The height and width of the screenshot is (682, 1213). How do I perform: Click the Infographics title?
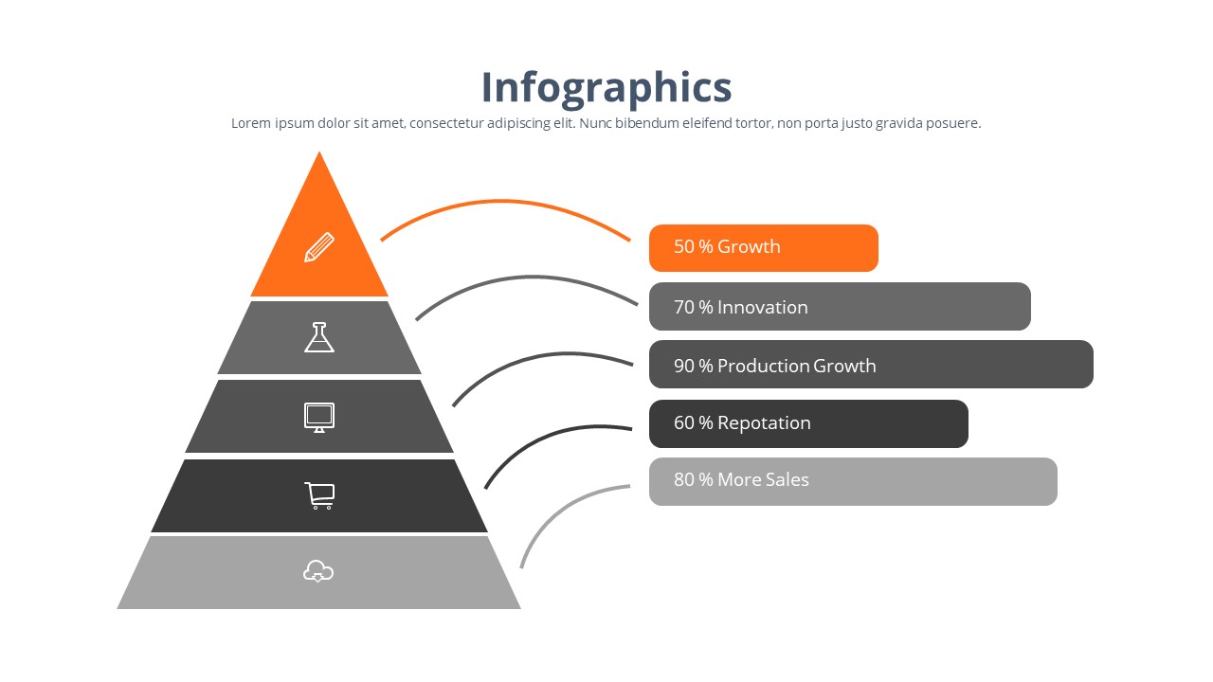(606, 88)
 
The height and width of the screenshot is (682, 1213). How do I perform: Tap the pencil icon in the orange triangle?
(319, 247)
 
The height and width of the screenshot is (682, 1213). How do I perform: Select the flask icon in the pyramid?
(319, 337)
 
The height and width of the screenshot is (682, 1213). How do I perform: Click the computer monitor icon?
(319, 418)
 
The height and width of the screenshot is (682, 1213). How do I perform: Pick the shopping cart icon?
(319, 495)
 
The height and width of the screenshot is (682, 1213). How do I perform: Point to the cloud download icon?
(318, 571)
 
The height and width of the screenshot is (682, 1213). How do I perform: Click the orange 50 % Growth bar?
(764, 248)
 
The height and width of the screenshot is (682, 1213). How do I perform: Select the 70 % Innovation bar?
(840, 306)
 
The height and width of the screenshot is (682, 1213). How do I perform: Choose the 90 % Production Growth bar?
(871, 365)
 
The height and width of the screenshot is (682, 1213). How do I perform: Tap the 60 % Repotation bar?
(808, 423)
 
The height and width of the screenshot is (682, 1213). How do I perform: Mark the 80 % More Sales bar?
(854, 482)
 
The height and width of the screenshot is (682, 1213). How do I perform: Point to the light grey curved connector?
(558, 509)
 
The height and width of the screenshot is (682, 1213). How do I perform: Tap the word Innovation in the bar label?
(763, 308)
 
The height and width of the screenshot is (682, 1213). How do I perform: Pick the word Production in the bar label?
(763, 366)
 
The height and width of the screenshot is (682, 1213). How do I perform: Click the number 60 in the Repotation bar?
(684, 422)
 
